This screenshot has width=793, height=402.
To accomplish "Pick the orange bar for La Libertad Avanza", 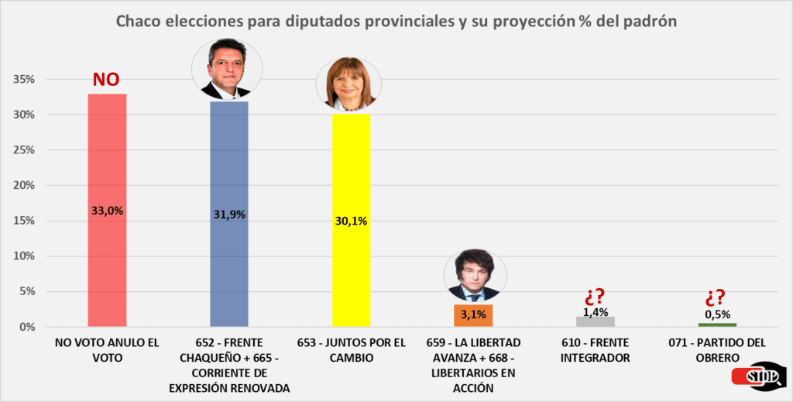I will click(473, 315).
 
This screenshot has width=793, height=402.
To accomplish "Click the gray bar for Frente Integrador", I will click(596, 321).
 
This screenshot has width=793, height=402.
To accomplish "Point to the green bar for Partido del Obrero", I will click(717, 325).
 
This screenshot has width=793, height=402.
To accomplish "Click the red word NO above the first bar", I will click(107, 80).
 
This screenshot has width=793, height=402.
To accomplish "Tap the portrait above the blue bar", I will click(227, 69).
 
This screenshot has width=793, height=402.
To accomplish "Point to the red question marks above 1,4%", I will click(596, 297).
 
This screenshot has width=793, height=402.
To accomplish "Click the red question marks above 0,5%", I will click(717, 298).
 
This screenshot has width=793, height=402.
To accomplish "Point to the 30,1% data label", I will click(352, 221).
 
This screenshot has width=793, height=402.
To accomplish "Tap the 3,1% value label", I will click(473, 314).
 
